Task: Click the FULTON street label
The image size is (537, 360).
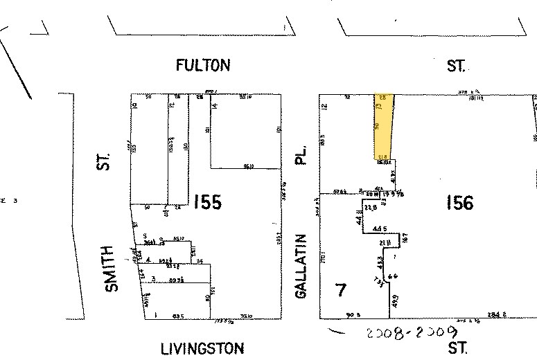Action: (x=202, y=66)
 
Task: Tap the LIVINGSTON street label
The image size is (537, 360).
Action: (x=202, y=348)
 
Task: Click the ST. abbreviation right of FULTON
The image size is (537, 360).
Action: (x=456, y=66)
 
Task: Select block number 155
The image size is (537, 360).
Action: (x=207, y=202)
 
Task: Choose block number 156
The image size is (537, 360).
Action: (x=459, y=202)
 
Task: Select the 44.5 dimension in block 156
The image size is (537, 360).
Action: (x=379, y=228)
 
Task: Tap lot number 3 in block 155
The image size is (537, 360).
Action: (x=154, y=279)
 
